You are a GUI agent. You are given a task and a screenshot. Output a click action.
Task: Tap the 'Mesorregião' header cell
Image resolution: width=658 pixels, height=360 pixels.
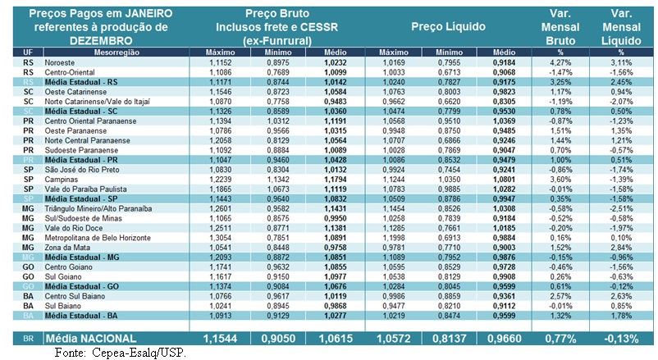108,52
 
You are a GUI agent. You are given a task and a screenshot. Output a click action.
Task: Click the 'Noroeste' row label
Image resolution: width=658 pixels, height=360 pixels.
62,62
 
